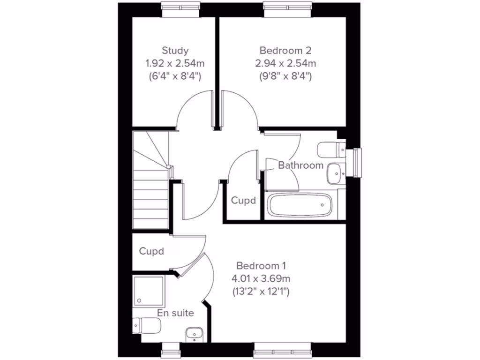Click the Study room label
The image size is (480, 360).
[x=175, y=50]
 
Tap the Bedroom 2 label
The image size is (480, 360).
[x=285, y=50]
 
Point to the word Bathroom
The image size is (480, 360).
[x=300, y=165]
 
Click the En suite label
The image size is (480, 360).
[x=175, y=313]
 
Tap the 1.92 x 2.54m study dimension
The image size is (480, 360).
[x=175, y=63]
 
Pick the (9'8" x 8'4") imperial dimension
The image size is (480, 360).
[x=285, y=75]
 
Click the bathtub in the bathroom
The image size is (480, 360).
[x=300, y=204]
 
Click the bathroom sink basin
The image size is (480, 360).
[x=336, y=173]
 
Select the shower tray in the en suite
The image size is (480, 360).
[x=149, y=291]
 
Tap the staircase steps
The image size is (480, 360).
[x=150, y=197]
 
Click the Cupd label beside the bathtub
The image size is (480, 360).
[x=244, y=201]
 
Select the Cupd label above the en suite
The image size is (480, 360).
[x=151, y=251]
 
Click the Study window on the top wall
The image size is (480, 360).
[x=175, y=6]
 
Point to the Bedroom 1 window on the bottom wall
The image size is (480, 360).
[x=283, y=351]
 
